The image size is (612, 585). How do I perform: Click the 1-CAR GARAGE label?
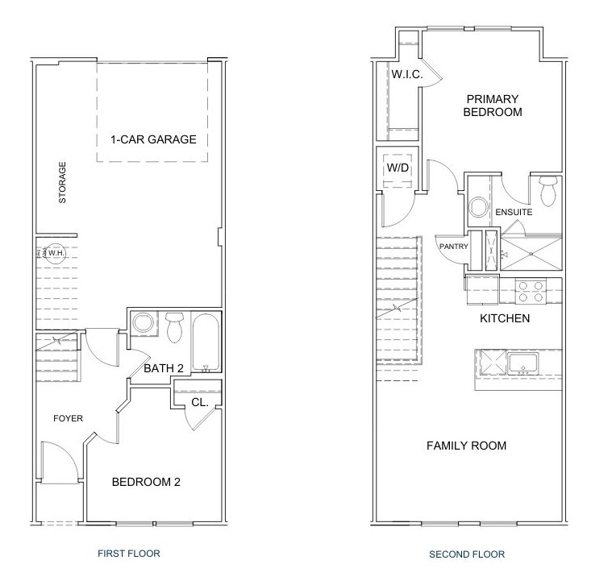point(153,139)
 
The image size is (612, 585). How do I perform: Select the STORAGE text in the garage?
point(62,183)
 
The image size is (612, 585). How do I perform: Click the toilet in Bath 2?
point(174,326)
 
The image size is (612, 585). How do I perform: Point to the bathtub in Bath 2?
point(206,342)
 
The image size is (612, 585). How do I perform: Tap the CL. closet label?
point(200,402)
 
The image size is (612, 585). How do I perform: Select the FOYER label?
point(69,418)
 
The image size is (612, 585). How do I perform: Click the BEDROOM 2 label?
point(146,482)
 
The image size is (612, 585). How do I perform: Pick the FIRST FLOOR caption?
point(129,554)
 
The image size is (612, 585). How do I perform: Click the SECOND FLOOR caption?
point(467,554)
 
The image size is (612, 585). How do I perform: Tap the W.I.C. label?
point(407,74)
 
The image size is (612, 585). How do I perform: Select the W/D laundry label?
point(398,168)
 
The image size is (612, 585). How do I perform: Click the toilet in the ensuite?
point(548,190)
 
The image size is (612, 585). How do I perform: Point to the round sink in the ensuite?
point(479,207)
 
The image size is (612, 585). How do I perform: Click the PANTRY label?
point(453,247)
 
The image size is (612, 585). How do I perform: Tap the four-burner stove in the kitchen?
point(531,292)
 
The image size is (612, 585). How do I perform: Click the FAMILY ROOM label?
point(466,446)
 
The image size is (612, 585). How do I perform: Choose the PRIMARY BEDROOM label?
point(493,106)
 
